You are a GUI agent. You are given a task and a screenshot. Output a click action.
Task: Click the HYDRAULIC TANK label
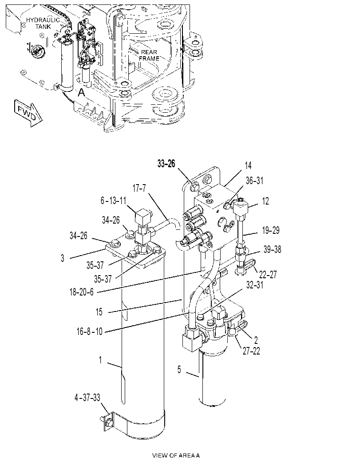pos(43,23)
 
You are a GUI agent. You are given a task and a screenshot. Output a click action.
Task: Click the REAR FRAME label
pos(149,55)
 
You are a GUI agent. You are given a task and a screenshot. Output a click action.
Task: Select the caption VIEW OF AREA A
pos(176,456)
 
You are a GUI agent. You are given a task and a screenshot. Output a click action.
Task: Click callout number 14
pos(248,166)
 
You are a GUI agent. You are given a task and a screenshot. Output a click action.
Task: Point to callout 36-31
pos(254,181)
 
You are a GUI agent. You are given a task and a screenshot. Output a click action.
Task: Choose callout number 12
pos(265,201)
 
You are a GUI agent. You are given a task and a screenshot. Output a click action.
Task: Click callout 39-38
pos(272,249)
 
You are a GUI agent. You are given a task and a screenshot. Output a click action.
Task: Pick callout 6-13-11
pos(114,201)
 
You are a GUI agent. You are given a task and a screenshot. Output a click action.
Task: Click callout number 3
pos(62,258)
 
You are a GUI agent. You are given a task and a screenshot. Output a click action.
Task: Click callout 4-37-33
pos(87,398)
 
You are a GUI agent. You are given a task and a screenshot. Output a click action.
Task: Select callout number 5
pos(179,370)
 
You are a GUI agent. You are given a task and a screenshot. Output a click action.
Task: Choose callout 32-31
pos(255,285)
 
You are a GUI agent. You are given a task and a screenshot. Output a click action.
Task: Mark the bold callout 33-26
pos(166,163)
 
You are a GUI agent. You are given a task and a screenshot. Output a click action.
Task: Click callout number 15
pos(99,312)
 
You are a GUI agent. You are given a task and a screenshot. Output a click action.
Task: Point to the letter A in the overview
pos(81,93)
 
